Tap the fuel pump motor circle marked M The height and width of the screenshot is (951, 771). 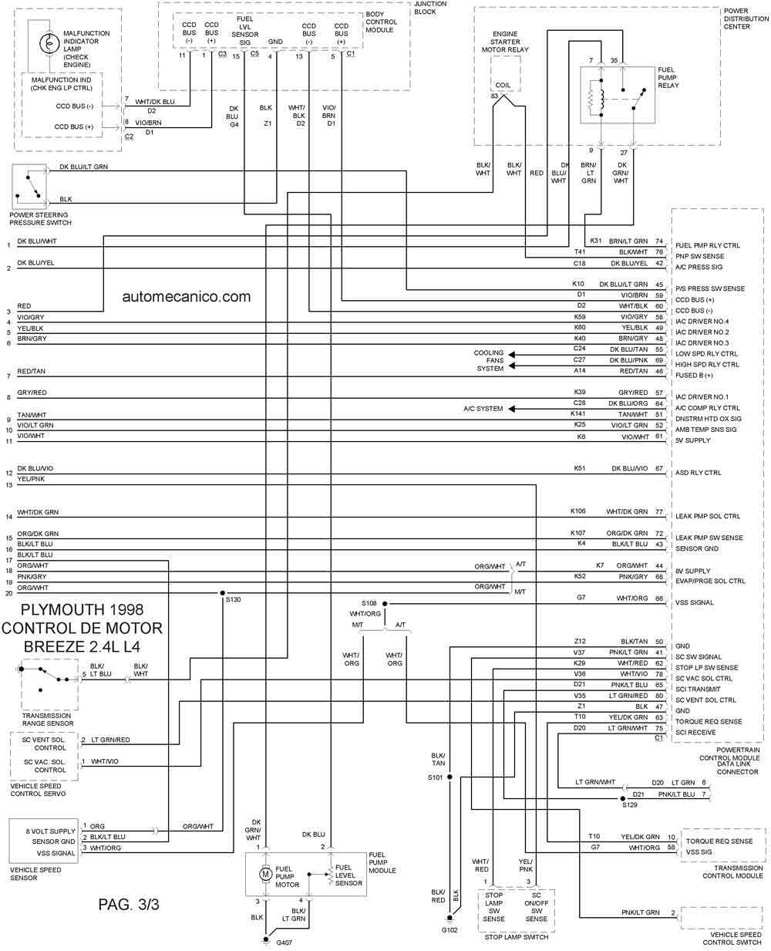265,873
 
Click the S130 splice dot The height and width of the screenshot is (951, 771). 223,593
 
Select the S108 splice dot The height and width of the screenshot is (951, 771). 385,604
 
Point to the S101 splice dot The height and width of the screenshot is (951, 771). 449,777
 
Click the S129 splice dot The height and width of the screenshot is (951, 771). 622,798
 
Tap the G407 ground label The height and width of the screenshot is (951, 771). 284,942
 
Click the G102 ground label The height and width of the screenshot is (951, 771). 449,930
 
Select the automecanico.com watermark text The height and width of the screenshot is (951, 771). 187,296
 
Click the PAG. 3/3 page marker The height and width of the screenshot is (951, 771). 129,904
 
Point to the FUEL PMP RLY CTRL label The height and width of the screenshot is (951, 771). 708,245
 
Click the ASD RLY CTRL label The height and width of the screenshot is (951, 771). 699,472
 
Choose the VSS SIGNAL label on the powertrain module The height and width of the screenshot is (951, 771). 694,602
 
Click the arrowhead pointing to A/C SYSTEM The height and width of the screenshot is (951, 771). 512,409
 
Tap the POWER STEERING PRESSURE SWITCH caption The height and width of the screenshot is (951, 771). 41,219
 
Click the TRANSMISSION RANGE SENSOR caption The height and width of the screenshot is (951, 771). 48,720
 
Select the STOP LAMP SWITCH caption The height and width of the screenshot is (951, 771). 517,936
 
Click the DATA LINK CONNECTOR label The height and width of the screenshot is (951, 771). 738,767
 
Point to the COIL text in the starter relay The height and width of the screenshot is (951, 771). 503,85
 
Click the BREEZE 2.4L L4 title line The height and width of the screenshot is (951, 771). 82,646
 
